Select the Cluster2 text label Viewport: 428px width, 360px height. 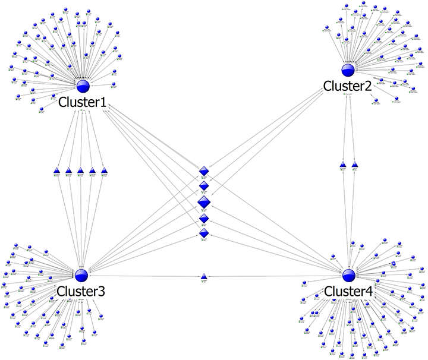click(x=347, y=87)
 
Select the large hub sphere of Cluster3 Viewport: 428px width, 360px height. click(x=81, y=274)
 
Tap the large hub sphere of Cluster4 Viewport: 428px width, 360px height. click(x=349, y=274)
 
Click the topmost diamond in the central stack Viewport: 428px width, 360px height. click(x=204, y=171)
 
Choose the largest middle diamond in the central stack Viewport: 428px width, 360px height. click(x=204, y=203)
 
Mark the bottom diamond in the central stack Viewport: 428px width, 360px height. click(x=204, y=234)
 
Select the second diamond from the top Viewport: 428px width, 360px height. click(x=204, y=187)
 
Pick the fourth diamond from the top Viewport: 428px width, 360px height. click(x=204, y=219)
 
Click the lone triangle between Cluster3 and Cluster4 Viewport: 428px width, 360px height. click(x=203, y=276)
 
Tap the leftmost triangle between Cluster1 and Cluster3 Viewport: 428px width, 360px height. click(x=57, y=171)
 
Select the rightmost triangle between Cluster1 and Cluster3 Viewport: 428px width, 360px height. click(x=104, y=171)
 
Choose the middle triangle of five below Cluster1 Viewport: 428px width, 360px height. click(x=80, y=171)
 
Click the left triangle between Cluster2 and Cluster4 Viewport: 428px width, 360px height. click(x=343, y=163)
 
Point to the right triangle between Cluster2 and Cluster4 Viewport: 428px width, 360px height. click(x=355, y=163)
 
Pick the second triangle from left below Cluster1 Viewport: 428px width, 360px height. click(x=68, y=171)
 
